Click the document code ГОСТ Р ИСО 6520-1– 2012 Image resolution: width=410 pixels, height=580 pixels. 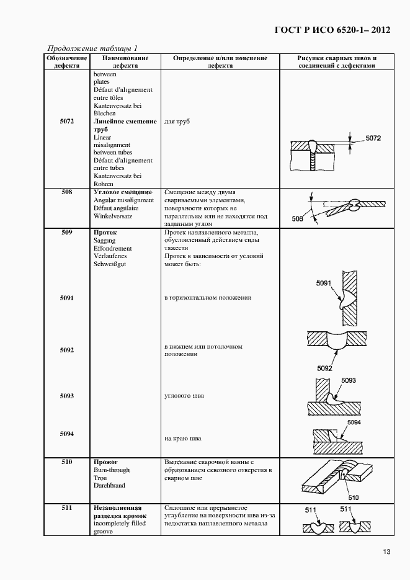[332, 30]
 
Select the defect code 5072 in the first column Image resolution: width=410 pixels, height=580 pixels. [67, 122]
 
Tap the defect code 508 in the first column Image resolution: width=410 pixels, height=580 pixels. [67, 192]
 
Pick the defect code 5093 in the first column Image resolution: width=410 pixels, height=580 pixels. [67, 396]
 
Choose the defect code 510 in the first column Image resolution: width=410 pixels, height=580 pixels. [67, 462]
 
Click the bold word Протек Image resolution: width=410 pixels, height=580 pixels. [105, 233]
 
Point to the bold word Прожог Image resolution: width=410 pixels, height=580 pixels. [105, 462]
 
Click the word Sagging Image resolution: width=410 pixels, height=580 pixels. [105, 241]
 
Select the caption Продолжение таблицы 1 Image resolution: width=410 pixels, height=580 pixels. [92, 48]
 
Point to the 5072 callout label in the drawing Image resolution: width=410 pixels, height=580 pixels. [373, 138]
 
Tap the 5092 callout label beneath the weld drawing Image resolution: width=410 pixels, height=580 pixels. [325, 368]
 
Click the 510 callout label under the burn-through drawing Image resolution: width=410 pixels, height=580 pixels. [353, 497]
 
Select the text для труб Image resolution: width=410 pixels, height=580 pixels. [177, 122]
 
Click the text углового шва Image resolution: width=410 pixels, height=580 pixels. [184, 396]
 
